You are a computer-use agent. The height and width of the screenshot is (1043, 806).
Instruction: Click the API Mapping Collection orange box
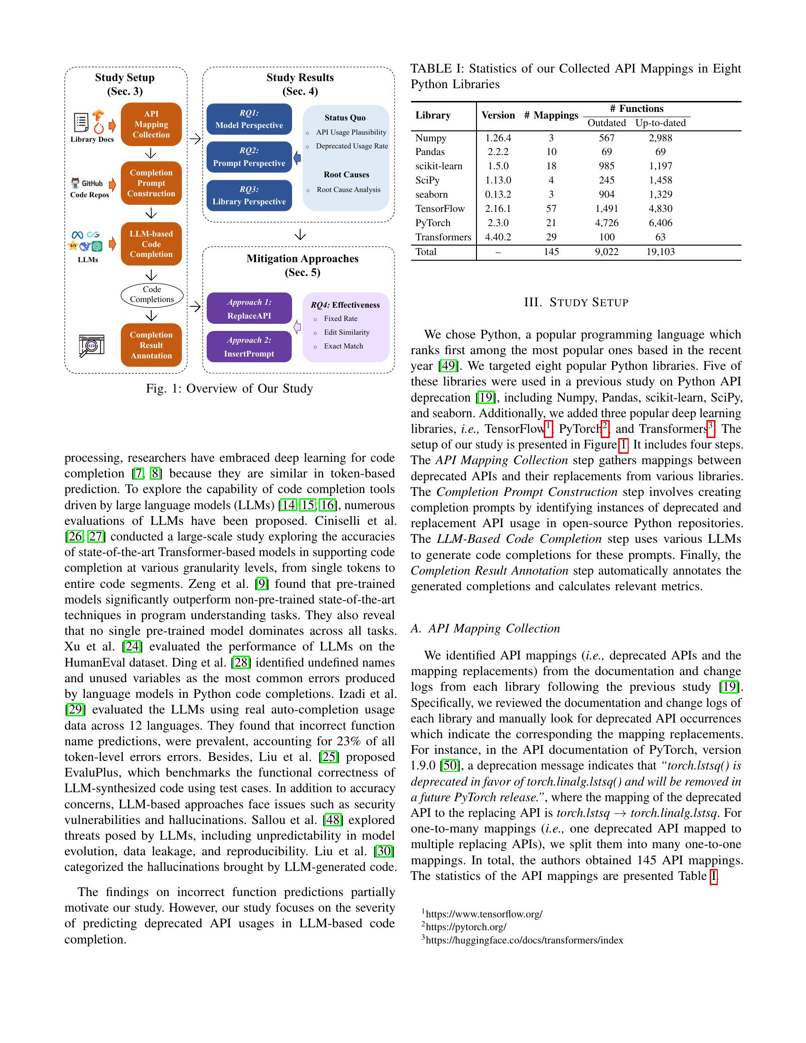click(x=151, y=124)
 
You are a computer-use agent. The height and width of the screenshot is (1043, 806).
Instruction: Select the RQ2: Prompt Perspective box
click(x=249, y=157)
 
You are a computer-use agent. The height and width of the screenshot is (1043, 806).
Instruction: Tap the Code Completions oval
click(x=152, y=295)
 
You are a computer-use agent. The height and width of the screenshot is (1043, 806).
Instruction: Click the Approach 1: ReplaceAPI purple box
click(x=249, y=309)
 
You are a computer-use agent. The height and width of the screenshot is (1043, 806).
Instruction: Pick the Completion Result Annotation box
click(x=151, y=345)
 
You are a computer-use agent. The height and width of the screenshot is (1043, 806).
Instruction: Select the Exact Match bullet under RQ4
click(x=343, y=346)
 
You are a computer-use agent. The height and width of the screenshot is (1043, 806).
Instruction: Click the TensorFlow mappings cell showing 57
click(x=551, y=209)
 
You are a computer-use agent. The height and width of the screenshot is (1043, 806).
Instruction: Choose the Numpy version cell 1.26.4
click(x=498, y=138)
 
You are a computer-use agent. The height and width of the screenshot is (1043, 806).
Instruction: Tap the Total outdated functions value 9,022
click(x=606, y=252)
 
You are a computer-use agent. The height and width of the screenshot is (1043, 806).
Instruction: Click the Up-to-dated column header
click(x=660, y=123)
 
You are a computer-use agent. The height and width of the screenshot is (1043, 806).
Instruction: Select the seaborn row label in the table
click(x=431, y=194)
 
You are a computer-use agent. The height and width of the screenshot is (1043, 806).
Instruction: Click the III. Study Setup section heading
click(x=576, y=302)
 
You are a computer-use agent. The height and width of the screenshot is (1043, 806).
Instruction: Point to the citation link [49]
click(x=448, y=366)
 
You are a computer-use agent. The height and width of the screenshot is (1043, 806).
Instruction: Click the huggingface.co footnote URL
click(x=524, y=940)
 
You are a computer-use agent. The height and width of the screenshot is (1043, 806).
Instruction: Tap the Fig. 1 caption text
click(x=229, y=389)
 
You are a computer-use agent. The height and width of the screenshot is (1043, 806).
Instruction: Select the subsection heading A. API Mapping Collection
click(x=485, y=629)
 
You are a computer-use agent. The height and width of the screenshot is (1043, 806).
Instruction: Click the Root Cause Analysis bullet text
click(x=348, y=190)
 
